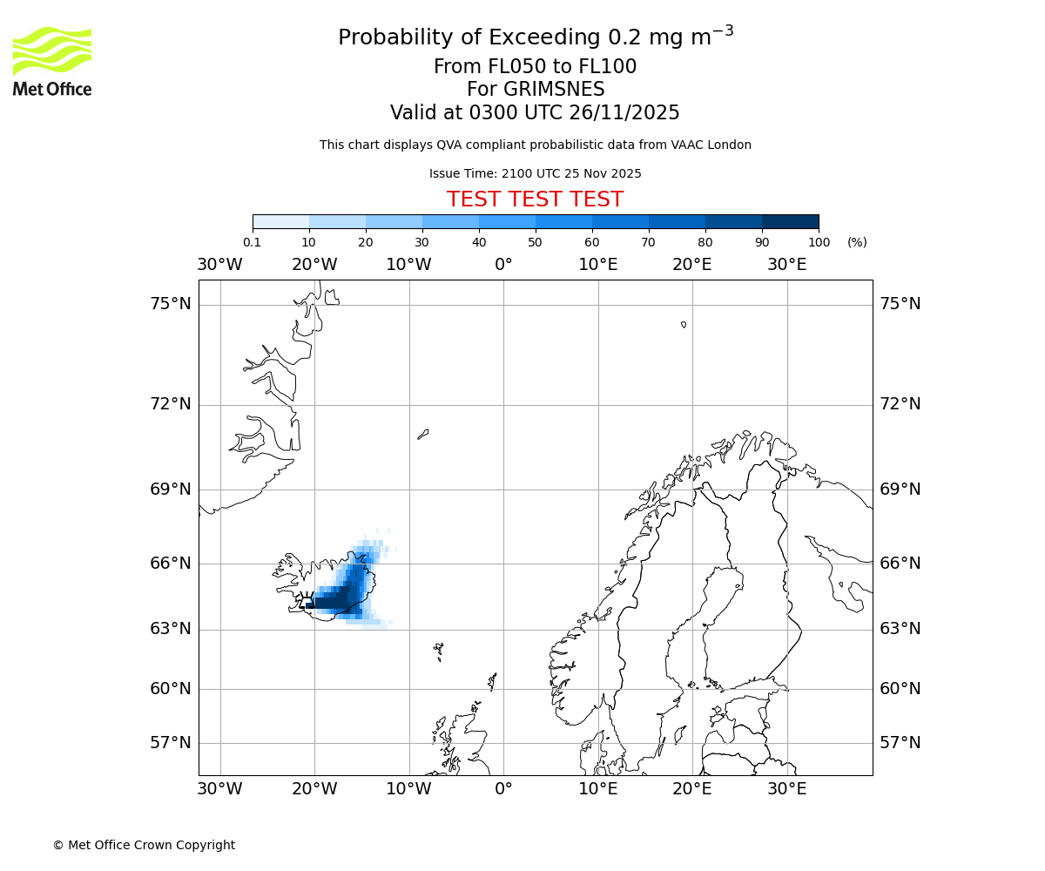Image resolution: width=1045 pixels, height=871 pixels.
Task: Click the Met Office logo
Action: pyautogui.click(x=52, y=61)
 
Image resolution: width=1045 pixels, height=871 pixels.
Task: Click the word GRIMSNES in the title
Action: pyautogui.click(x=536, y=90)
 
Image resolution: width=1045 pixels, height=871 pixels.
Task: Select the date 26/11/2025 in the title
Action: pyautogui.click(x=624, y=113)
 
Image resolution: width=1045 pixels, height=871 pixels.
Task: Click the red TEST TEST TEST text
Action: pyautogui.click(x=535, y=200)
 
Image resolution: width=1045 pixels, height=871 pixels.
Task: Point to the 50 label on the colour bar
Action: pyautogui.click(x=536, y=242)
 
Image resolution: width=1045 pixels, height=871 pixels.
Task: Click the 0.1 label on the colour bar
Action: pyautogui.click(x=252, y=242)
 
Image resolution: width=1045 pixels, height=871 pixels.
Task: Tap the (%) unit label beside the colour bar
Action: pyautogui.click(x=857, y=242)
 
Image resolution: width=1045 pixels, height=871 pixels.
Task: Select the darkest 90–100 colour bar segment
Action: pyautogui.click(x=790, y=221)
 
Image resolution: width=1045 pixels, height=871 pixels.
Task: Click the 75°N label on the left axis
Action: pyautogui.click(x=170, y=304)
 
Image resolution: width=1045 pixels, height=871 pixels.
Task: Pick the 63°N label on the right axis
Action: pyautogui.click(x=900, y=629)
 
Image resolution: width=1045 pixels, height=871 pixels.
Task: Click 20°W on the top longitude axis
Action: pyautogui.click(x=314, y=265)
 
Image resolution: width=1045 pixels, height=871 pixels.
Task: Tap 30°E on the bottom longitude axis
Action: pyautogui.click(x=786, y=789)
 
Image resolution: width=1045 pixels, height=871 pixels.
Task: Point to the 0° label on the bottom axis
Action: pyautogui.click(x=503, y=789)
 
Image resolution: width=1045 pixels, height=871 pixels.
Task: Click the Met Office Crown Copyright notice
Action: pyautogui.click(x=144, y=845)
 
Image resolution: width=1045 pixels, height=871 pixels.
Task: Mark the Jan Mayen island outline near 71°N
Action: pyautogui.click(x=423, y=434)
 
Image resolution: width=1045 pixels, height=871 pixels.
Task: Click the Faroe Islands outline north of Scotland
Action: pyautogui.click(x=439, y=651)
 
